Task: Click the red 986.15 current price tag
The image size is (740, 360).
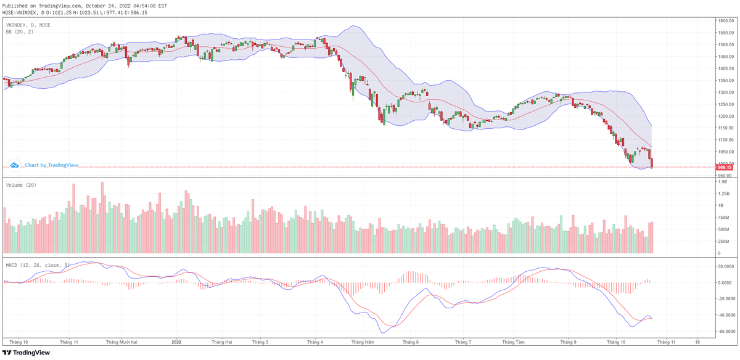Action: point(723,167)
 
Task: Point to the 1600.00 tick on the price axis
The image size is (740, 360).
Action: point(725,21)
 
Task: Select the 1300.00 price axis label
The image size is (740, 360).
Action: point(725,92)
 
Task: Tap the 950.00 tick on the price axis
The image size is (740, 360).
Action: point(724,176)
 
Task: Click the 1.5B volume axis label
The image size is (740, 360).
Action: point(722,182)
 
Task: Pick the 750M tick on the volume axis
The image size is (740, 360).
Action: point(723,217)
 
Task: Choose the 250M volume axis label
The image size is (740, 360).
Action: point(723,241)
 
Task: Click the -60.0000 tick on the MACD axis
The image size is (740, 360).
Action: point(725,331)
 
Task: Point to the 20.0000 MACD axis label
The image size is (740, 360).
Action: point(725,267)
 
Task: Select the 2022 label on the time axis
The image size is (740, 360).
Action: point(176,341)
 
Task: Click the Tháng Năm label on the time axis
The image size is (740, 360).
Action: point(361,341)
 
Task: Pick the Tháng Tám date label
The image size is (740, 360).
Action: point(513,341)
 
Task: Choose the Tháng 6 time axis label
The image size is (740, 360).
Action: point(410,341)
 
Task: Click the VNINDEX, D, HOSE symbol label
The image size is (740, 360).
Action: point(28,25)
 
